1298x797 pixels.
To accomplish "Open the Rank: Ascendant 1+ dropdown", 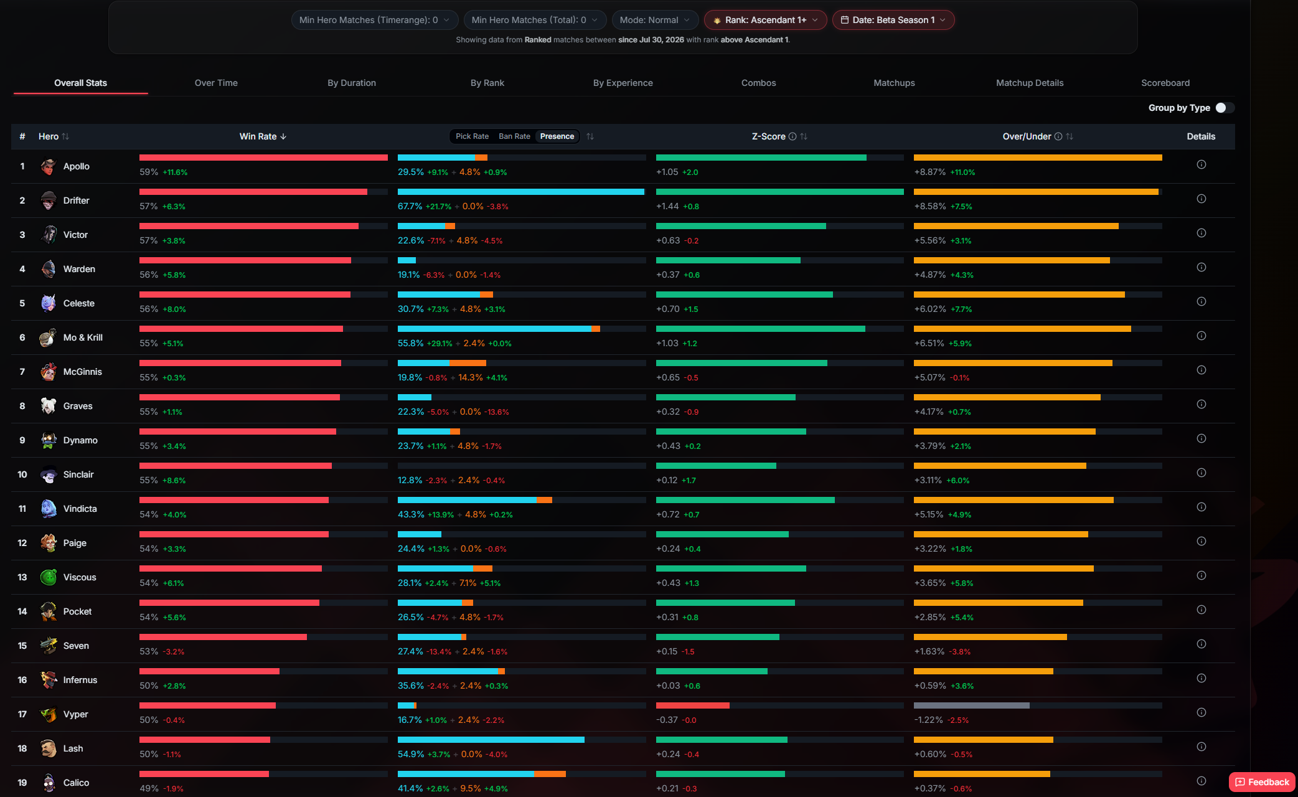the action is (x=765, y=20).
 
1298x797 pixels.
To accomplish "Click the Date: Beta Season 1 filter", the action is (x=893, y=20).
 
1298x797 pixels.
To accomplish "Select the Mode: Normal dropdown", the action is (x=655, y=20).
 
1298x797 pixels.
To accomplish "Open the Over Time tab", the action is (x=216, y=83).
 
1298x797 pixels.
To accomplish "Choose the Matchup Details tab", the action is (x=1030, y=83).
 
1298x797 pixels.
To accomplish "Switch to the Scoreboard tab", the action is (x=1165, y=83).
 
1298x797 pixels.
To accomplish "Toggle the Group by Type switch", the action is (x=1225, y=108).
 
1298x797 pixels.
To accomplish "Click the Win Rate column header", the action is (x=263, y=136).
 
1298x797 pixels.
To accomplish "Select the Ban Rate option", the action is (x=514, y=136).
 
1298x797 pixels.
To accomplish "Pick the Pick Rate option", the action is (x=472, y=136).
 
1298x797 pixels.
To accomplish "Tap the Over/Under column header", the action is (x=1038, y=136).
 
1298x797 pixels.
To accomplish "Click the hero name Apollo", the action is (x=77, y=166).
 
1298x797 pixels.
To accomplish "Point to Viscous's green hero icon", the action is (x=49, y=577).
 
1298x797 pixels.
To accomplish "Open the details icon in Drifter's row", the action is (x=1202, y=199).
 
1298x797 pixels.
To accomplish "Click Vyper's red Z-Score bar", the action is (x=692, y=705).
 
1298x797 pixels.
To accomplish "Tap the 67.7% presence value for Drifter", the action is (x=410, y=206).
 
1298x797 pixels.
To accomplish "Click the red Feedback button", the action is (x=1262, y=782).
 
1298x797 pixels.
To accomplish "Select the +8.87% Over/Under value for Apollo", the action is (x=929, y=172).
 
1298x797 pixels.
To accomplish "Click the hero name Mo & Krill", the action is (x=83, y=337).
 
